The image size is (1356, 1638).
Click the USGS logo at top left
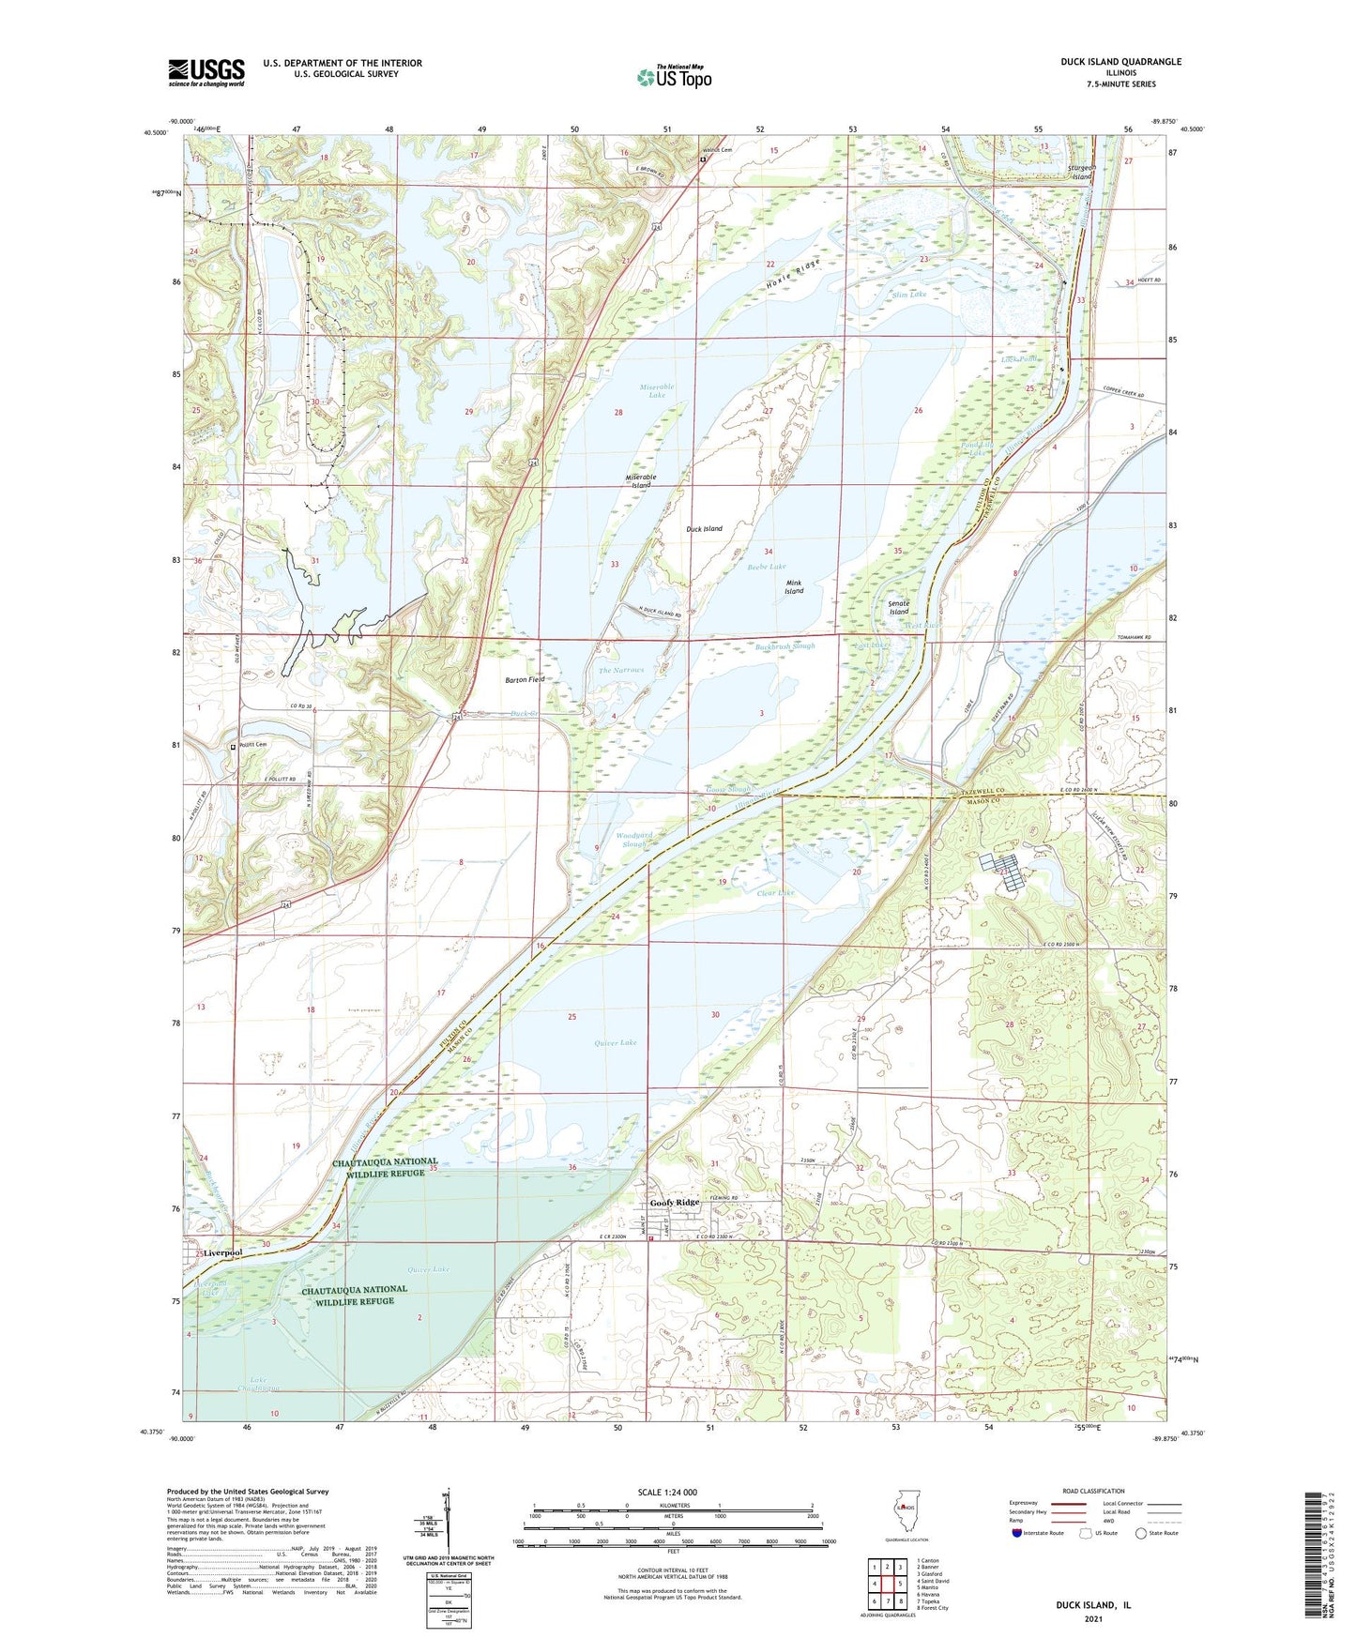[206, 71]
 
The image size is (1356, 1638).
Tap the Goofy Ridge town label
[675, 1203]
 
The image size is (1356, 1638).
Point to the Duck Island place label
[704, 529]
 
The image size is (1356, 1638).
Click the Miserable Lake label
[657, 391]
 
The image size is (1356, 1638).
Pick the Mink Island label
[794, 587]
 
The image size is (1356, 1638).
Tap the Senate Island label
[898, 608]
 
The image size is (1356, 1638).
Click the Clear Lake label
[775, 893]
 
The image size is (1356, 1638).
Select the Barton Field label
[525, 679]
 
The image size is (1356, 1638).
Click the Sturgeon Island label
[1081, 173]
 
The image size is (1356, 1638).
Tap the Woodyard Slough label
[634, 840]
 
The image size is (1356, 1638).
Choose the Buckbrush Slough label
[785, 646]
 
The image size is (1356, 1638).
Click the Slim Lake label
[908, 295]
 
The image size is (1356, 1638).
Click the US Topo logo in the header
[673, 77]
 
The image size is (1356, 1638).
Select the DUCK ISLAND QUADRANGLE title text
[1107, 62]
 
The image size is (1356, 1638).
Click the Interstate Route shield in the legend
[1018, 1533]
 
